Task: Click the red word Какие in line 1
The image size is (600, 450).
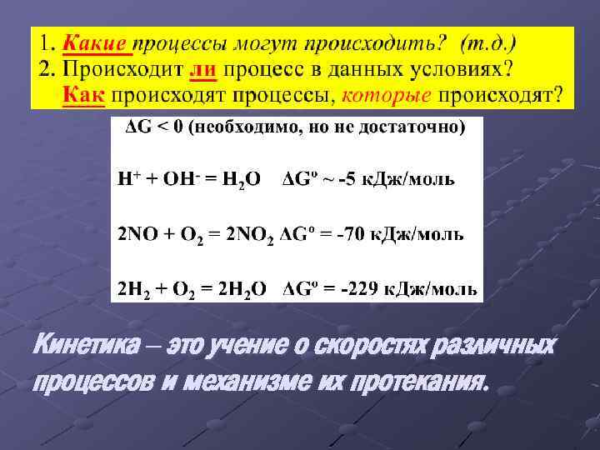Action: [x=97, y=42]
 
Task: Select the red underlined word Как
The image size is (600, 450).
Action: [x=83, y=94]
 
